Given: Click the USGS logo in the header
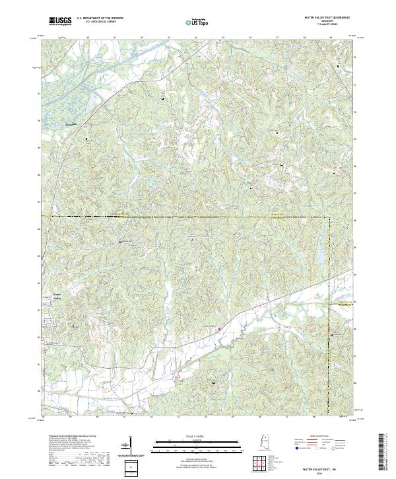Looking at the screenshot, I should click(61, 22).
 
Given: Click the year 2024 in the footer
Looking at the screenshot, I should click(323, 472).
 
